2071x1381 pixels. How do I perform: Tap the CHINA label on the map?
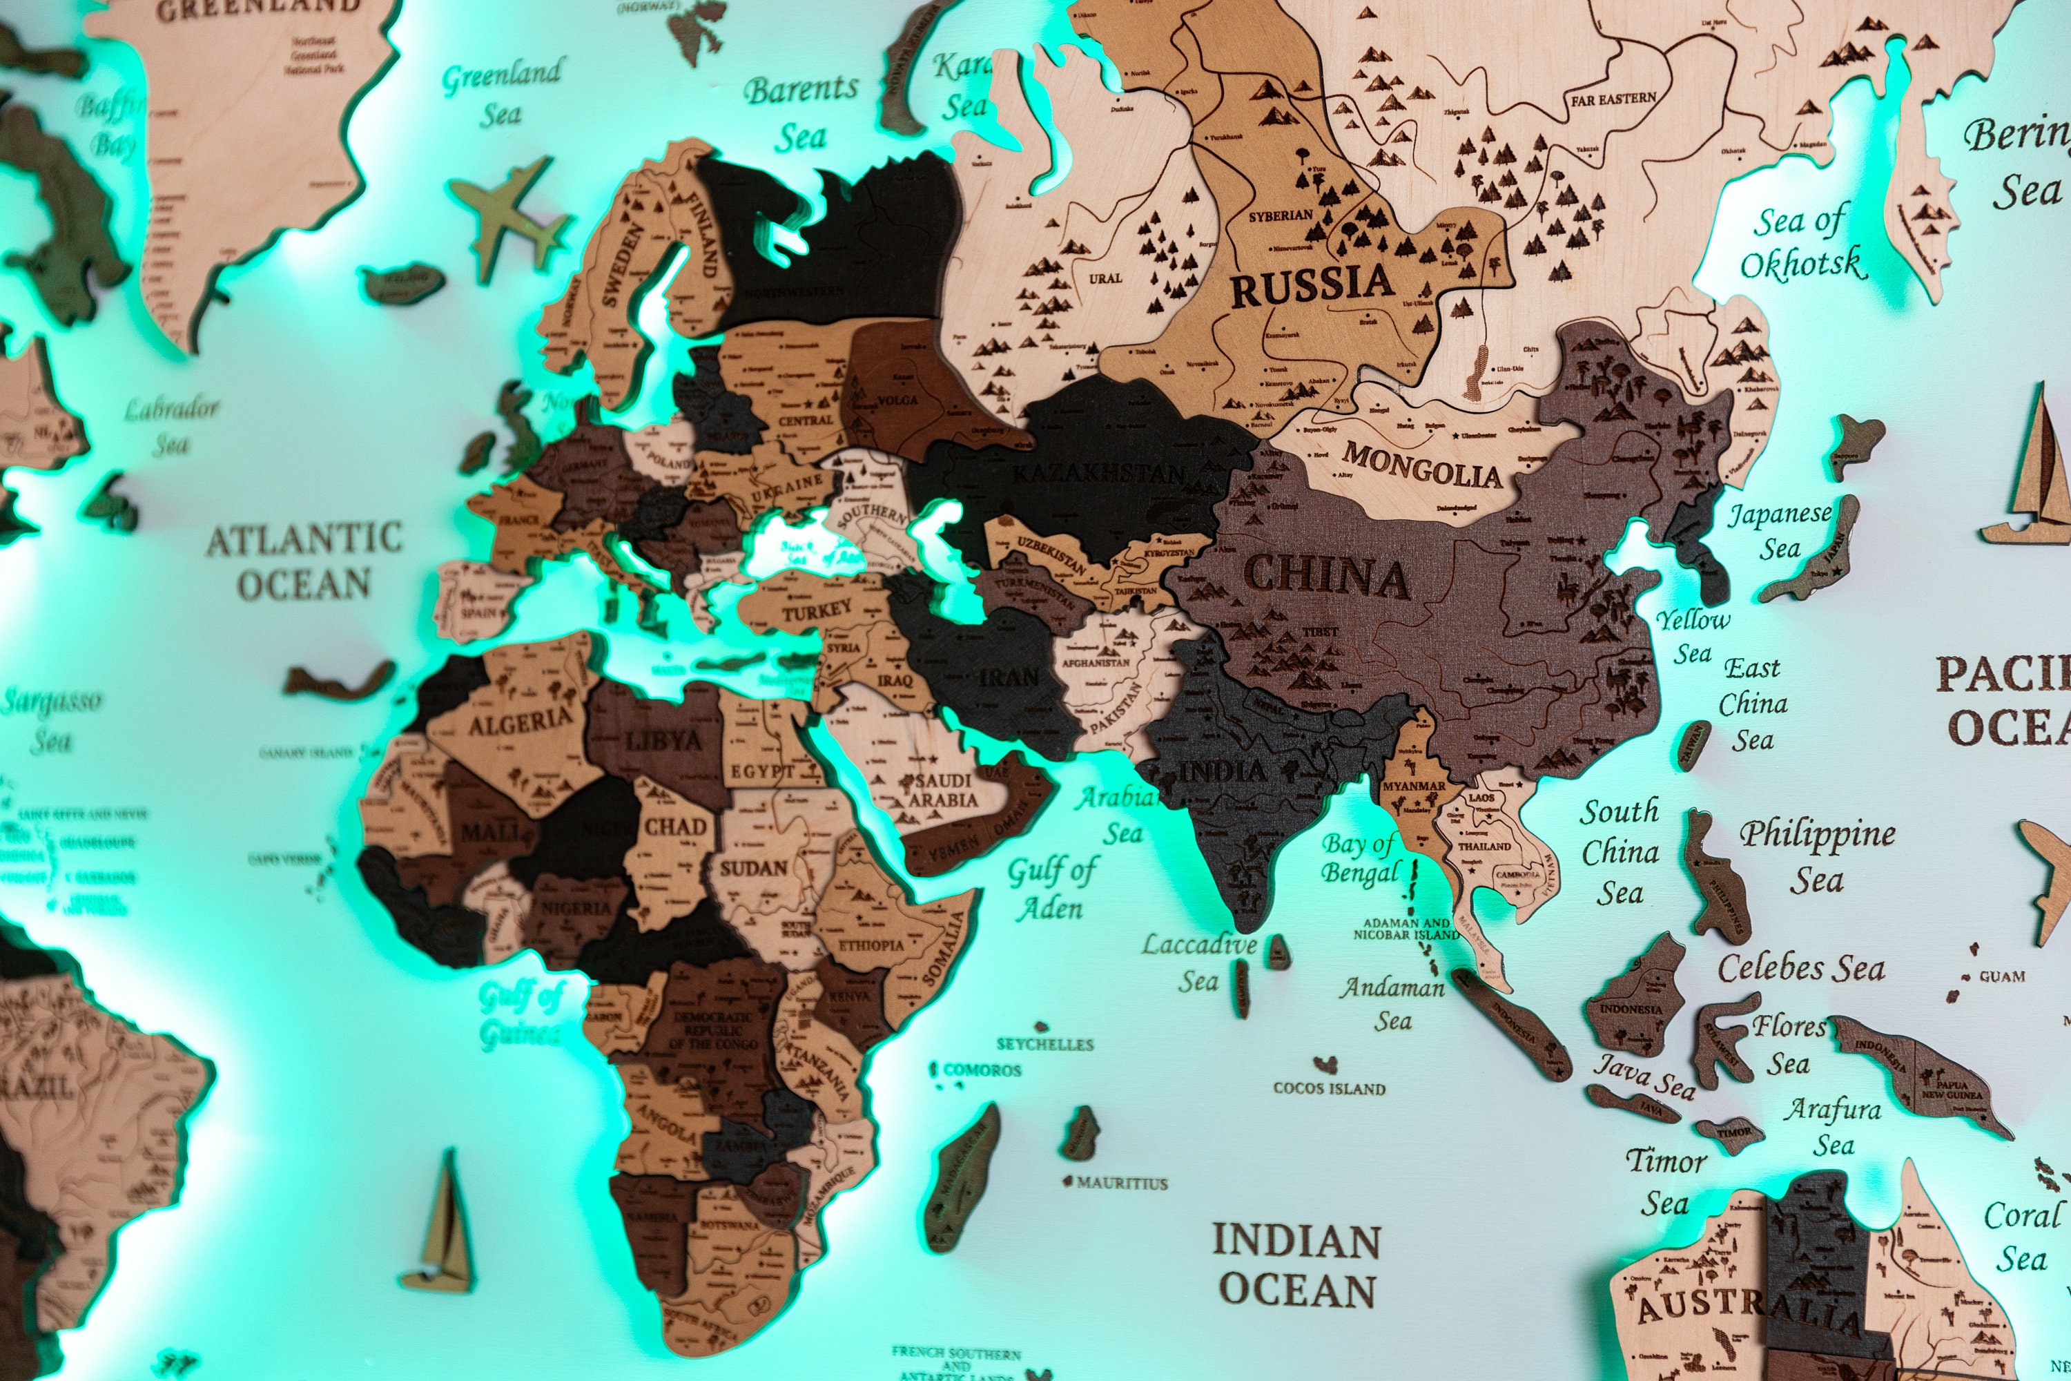coord(1327,576)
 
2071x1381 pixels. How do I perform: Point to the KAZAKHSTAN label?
coord(1098,474)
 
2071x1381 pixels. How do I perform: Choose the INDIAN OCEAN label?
coord(1296,1265)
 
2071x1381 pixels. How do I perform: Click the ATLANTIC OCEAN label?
coord(304,561)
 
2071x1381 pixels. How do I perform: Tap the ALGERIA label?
coord(521,722)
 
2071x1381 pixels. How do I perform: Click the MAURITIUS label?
coord(1122,1183)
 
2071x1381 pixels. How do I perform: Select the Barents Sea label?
coord(800,113)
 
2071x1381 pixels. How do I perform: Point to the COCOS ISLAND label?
coord(1329,1089)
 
